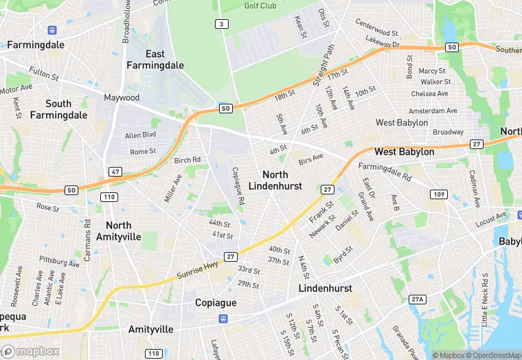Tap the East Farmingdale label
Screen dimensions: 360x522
coord(155,60)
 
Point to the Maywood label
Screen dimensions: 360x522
coord(122,98)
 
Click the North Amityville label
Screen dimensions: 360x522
coord(124,231)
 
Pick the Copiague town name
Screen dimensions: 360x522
coord(216,303)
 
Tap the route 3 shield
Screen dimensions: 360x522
coord(220,25)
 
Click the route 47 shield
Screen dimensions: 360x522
coord(115,171)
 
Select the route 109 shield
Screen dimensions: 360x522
coord(439,194)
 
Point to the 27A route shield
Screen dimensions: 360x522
coord(417,300)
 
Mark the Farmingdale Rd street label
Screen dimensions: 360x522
coord(385,171)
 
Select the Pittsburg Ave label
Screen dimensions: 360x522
coord(59,261)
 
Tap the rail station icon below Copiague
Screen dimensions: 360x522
coord(223,319)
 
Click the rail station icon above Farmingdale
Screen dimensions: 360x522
coord(52,30)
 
